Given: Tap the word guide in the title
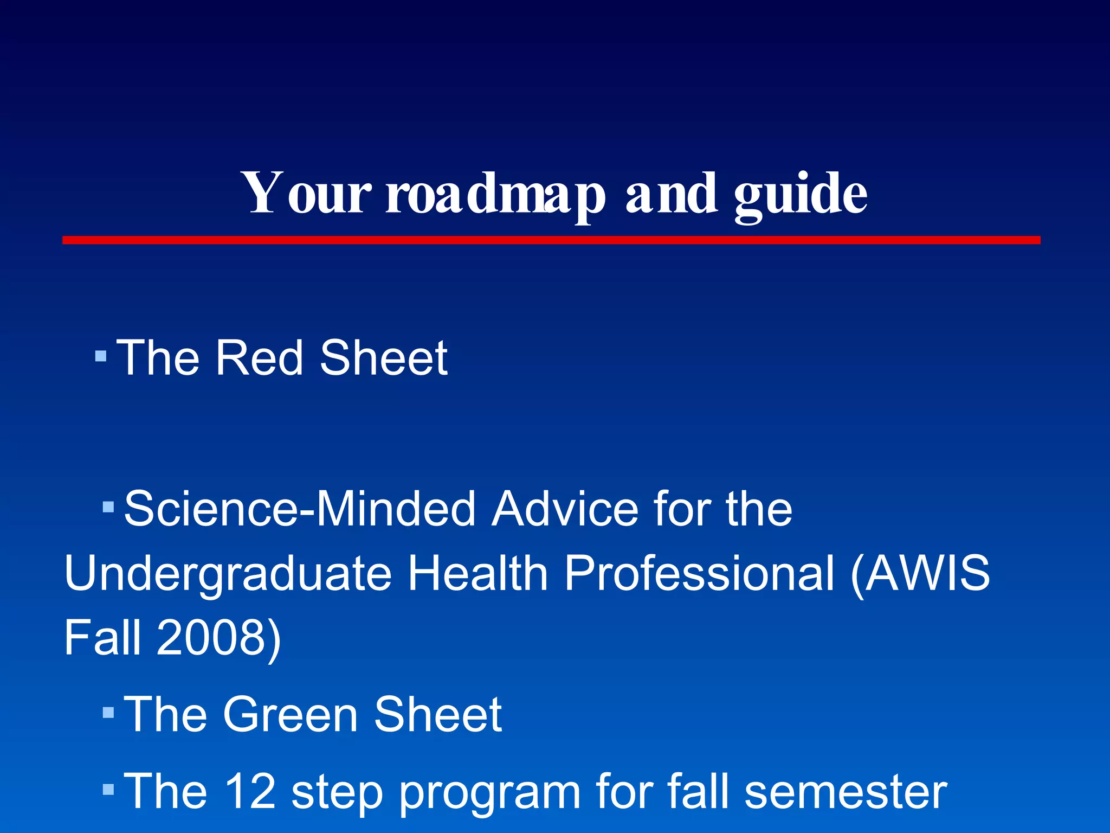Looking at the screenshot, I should click(x=801, y=194).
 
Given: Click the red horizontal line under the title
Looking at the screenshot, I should click(x=551, y=240).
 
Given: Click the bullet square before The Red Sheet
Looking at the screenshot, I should click(x=101, y=356).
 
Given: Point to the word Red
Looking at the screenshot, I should click(x=259, y=358).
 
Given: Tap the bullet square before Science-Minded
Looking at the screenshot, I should click(x=108, y=507).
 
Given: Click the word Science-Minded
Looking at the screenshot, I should click(x=300, y=509).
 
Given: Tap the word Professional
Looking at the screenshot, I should click(x=699, y=573).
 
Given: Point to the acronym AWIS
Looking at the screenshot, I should click(x=927, y=573).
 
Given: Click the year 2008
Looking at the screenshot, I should click(x=211, y=637).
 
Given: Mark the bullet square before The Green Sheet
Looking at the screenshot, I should click(x=108, y=712).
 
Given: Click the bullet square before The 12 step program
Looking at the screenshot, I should click(x=108, y=789).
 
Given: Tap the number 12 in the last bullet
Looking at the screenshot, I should click(x=249, y=791).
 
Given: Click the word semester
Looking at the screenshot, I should click(x=846, y=791).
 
